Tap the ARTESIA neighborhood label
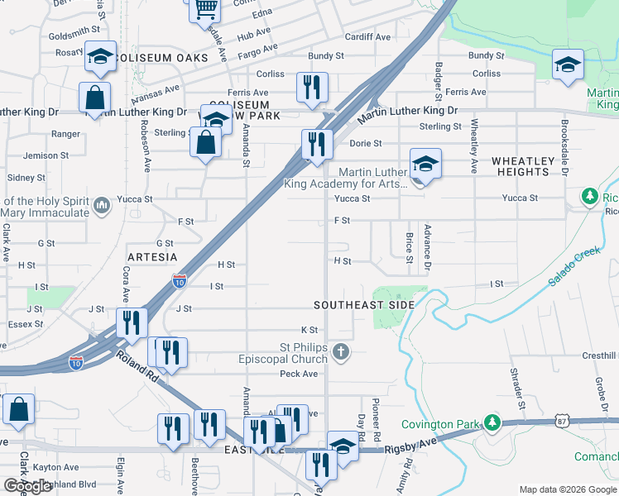[152, 257]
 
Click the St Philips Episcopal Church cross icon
[340, 354]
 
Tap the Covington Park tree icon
[492, 424]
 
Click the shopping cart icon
[204, 10]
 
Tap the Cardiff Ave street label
[367, 37]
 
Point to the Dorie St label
[364, 143]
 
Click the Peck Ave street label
[299, 374]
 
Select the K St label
[309, 330]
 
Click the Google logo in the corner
[27, 486]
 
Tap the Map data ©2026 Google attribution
[566, 489]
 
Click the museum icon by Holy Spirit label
[102, 204]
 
